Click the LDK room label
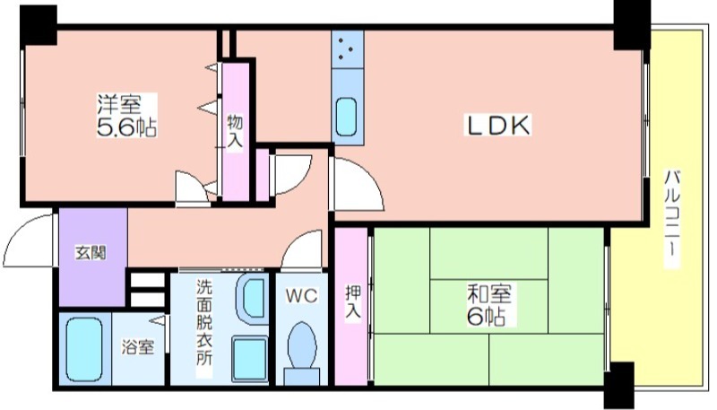498,125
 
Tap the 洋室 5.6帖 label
126,116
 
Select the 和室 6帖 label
488,305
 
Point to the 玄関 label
91,253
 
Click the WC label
302,295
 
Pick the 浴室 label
138,347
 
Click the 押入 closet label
353,301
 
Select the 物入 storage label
236,131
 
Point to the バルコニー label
671,219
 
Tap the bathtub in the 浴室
84,349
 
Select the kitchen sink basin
347,118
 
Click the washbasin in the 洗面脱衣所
253,299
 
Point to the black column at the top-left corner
39,26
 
